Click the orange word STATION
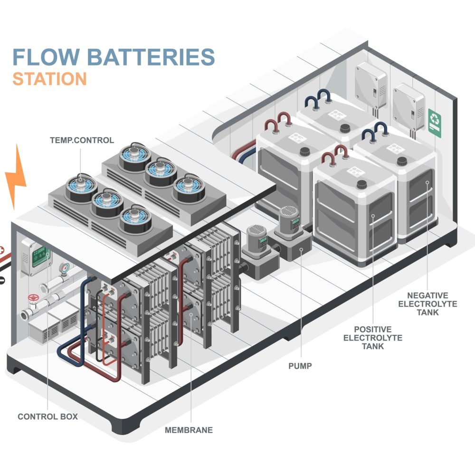[x=49, y=79]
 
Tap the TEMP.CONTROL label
[x=82, y=140]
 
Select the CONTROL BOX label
[x=47, y=417]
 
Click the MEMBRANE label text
[x=189, y=430]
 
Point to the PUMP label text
[x=301, y=366]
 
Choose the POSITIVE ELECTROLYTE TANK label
[x=372, y=337]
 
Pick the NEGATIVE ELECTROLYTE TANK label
[x=427, y=304]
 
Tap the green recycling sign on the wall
[x=435, y=123]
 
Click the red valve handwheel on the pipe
[x=33, y=300]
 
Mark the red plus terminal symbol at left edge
[x=2, y=250]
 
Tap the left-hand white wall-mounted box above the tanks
[x=370, y=85]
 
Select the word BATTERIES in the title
[x=152, y=57]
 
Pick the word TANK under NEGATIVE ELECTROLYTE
[x=427, y=312]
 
